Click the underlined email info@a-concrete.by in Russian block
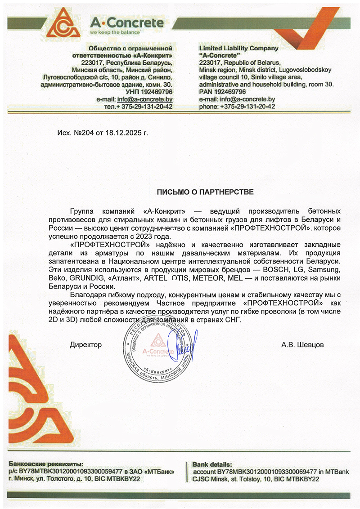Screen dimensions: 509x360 click(144, 99)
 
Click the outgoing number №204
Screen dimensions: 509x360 click(82, 133)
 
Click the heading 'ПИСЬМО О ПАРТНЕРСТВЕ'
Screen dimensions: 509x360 click(205, 192)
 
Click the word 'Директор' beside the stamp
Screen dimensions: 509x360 click(85, 345)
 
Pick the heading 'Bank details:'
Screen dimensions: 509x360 click(212, 464)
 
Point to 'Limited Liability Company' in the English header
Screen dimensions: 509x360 click(238, 48)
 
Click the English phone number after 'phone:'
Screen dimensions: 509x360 click(247, 107)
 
